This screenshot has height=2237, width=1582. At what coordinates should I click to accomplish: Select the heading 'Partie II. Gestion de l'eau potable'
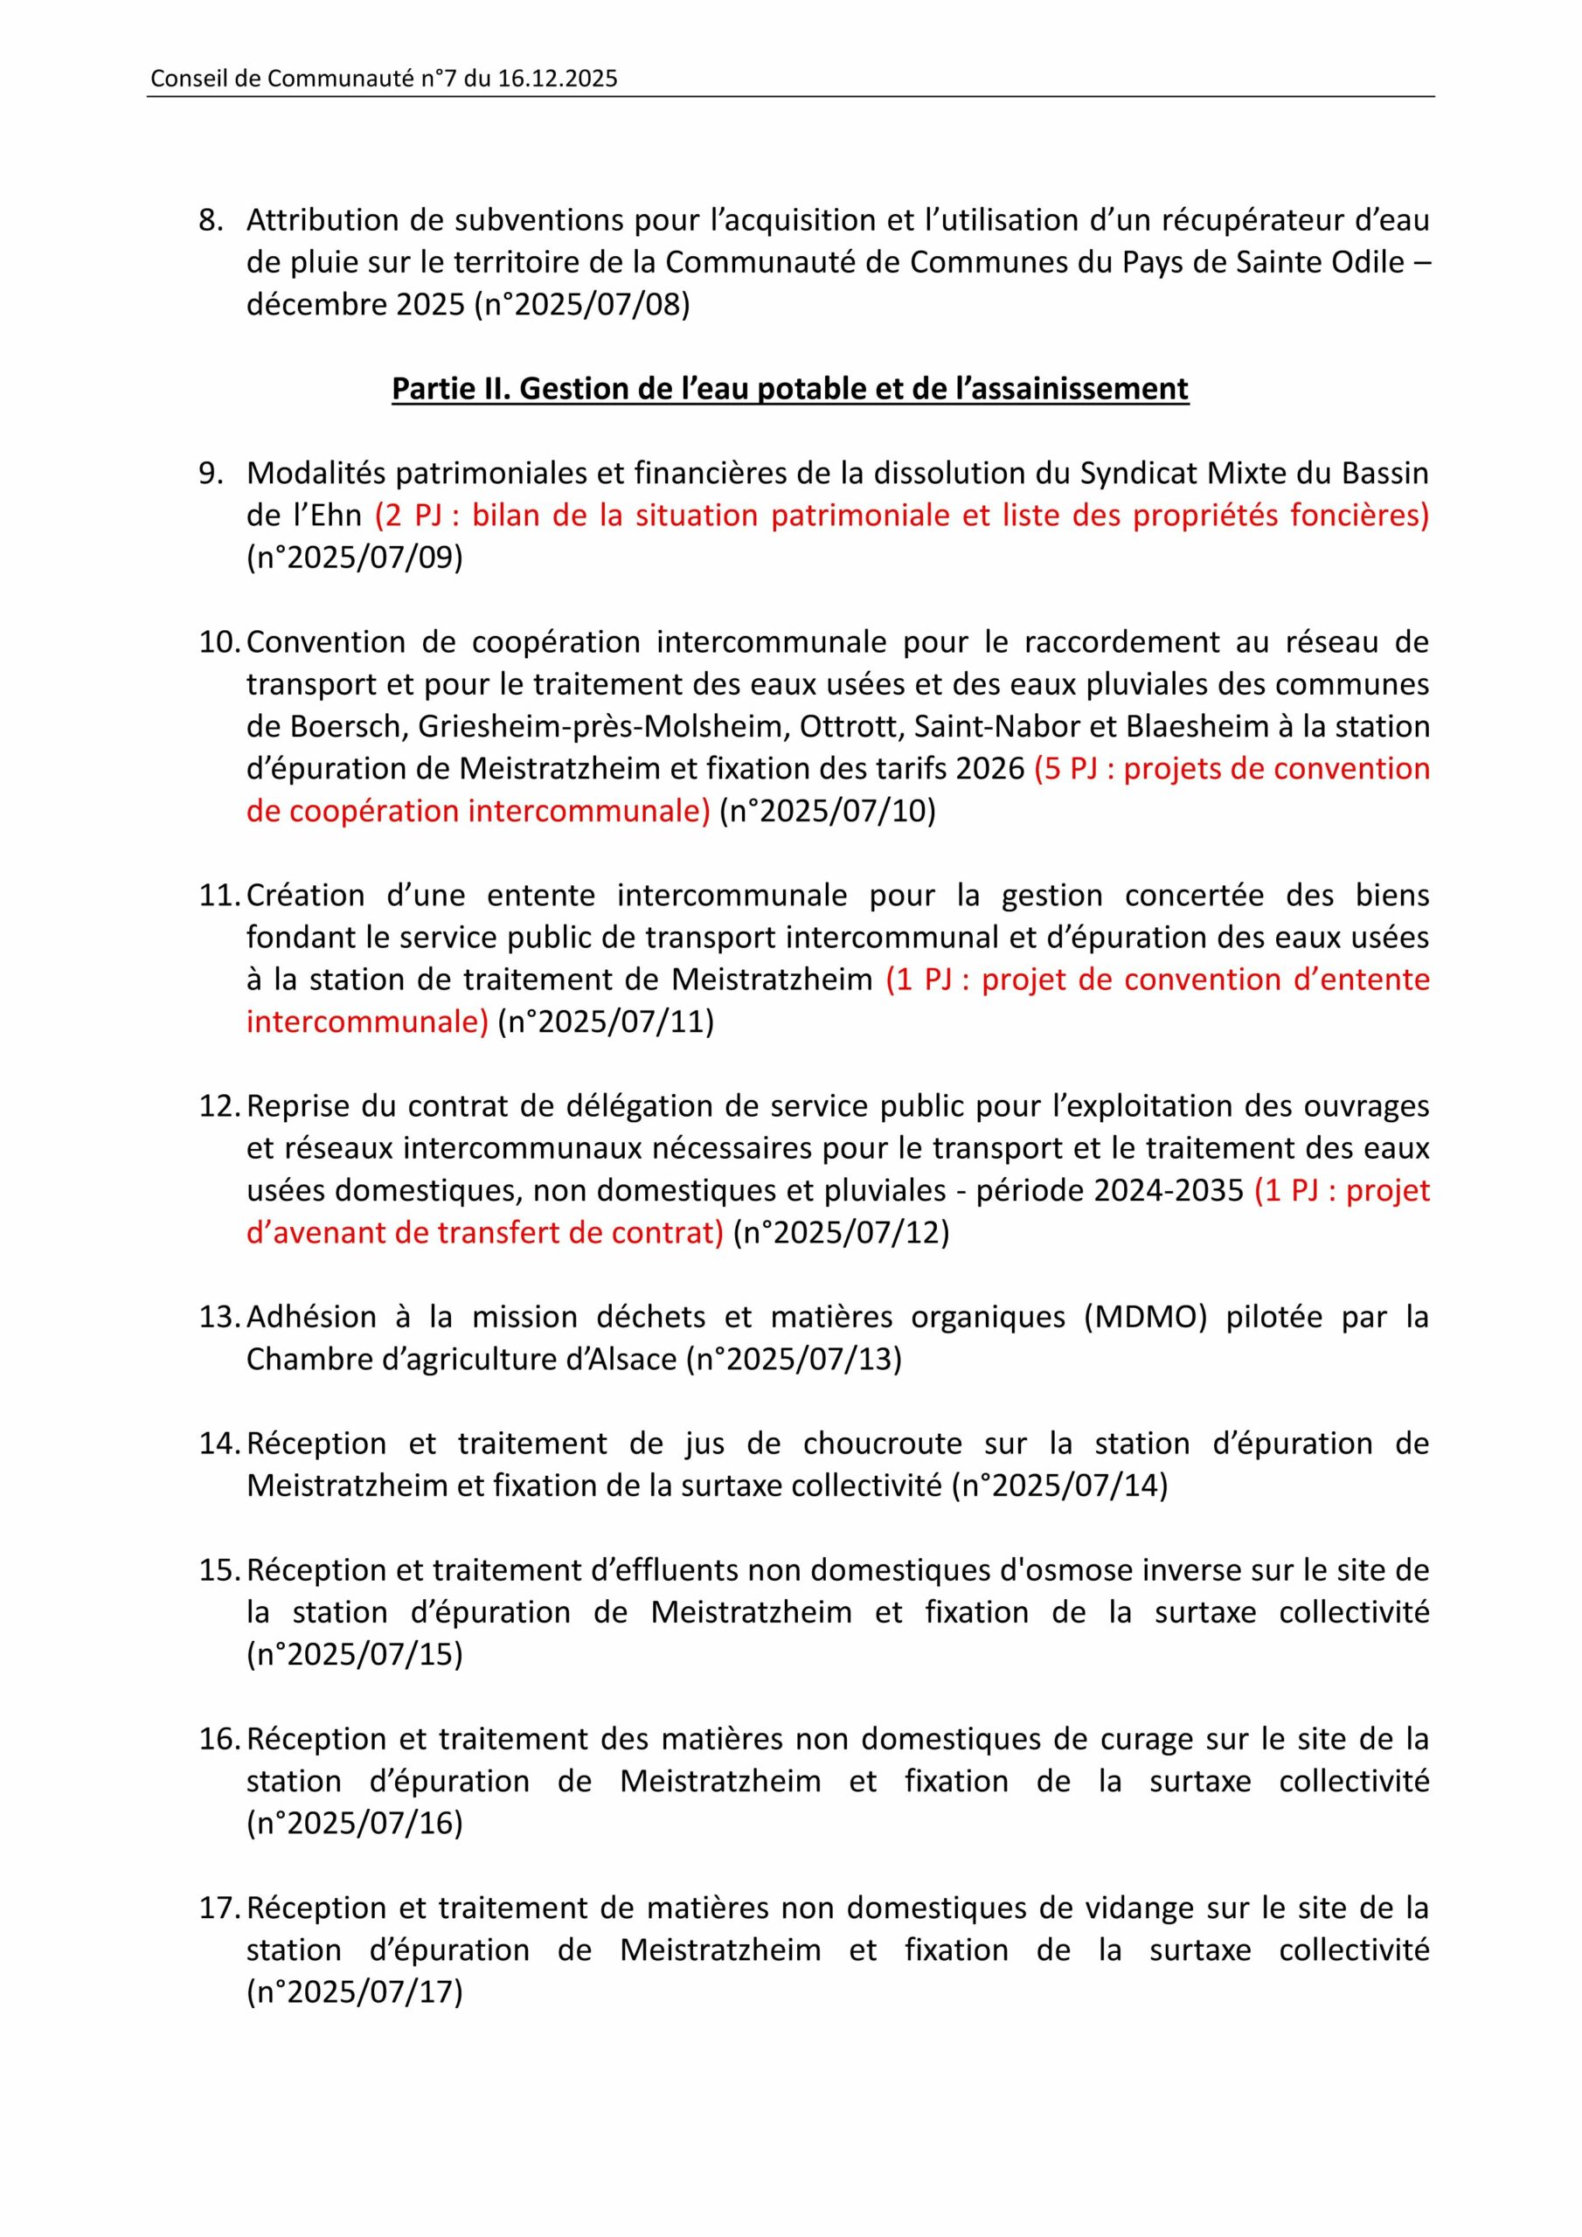coord(789,389)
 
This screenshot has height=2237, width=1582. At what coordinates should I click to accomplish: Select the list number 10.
coord(219,642)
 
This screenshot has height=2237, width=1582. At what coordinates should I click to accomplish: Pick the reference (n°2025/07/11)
coord(606,1022)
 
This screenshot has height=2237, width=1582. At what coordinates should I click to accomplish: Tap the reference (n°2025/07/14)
coord(1058,1486)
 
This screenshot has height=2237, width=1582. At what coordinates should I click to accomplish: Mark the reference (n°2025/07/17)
coord(355,1992)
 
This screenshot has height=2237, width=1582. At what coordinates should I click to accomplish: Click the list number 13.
coord(219,1317)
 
